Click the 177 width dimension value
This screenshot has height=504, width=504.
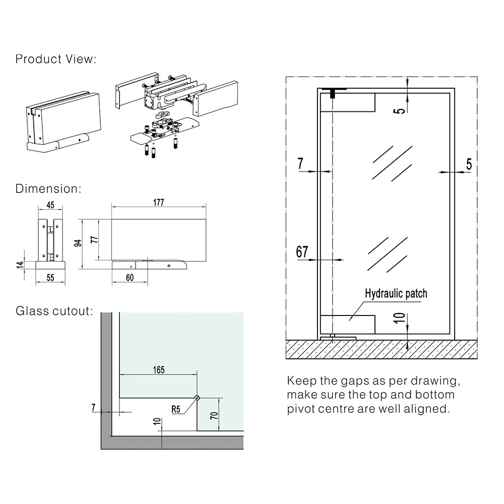[x=158, y=203]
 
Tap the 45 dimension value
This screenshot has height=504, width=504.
[x=50, y=205]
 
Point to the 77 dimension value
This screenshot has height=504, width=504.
[x=93, y=239]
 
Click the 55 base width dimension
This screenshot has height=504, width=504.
[x=50, y=277]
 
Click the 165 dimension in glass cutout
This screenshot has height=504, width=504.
[x=158, y=370]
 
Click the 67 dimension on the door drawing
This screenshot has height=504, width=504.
[x=302, y=251]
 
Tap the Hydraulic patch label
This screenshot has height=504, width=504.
[x=396, y=293]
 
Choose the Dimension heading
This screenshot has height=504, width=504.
[x=48, y=189]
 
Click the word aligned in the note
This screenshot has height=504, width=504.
[x=425, y=409]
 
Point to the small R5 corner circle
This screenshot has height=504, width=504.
[x=197, y=398]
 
